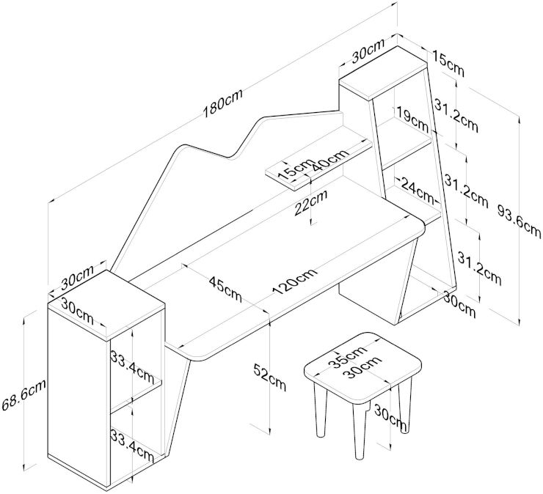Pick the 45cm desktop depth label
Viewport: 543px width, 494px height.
(x=225, y=288)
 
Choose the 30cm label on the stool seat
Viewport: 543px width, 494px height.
(x=365, y=369)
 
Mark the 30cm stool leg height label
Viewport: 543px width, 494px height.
(x=388, y=416)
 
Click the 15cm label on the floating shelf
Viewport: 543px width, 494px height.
(x=296, y=168)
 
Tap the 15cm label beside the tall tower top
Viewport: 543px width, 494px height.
(x=447, y=62)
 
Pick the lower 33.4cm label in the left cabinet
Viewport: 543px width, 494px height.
(x=132, y=443)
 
